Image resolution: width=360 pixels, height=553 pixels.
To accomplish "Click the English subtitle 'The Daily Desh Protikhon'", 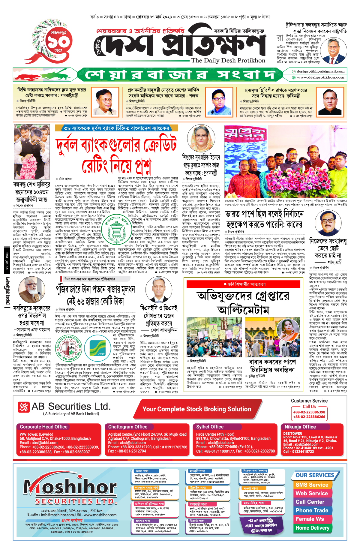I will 228,61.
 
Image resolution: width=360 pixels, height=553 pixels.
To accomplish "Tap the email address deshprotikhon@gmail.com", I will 320,71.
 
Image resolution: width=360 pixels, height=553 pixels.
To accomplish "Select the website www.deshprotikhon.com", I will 320,77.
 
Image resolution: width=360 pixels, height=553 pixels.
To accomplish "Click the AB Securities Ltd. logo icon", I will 24,407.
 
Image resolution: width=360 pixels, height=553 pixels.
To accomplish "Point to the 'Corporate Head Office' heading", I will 43,427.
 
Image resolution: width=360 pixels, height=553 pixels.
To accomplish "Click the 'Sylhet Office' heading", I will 210,427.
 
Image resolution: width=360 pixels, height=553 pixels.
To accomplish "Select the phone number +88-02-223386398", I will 309,412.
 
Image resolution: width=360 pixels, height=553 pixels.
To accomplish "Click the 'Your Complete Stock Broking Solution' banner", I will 196,409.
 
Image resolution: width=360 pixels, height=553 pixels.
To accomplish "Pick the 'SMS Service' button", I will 312,485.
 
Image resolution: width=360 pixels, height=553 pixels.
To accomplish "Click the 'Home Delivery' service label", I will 312,528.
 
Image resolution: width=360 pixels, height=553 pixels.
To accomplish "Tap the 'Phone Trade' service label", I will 312,510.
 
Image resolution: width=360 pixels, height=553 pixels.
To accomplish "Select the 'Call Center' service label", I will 310,502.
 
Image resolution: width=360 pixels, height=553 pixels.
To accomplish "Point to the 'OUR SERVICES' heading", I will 315,475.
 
